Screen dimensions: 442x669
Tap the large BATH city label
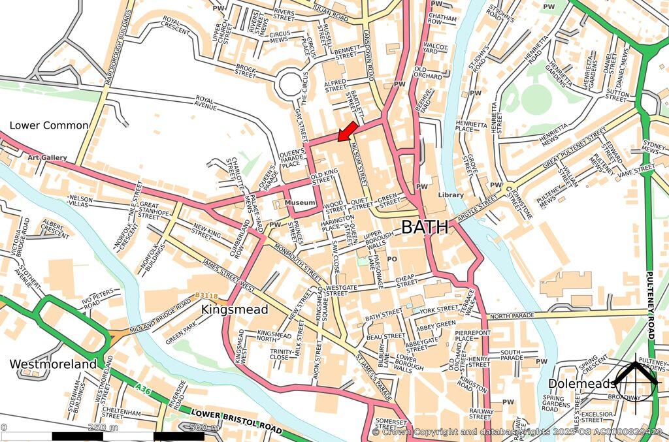click(x=425, y=227)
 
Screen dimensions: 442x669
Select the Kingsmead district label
click(x=235, y=309)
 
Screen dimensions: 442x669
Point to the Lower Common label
click(x=48, y=125)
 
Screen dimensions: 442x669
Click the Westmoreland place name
click(x=53, y=364)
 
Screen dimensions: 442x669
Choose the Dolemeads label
click(x=581, y=383)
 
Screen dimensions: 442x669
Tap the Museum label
click(x=301, y=204)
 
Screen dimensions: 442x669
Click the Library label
click(x=451, y=195)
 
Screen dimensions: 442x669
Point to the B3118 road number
click(x=205, y=296)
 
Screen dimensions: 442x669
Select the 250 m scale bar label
click(x=103, y=428)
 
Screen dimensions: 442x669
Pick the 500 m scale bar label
click(x=204, y=428)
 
